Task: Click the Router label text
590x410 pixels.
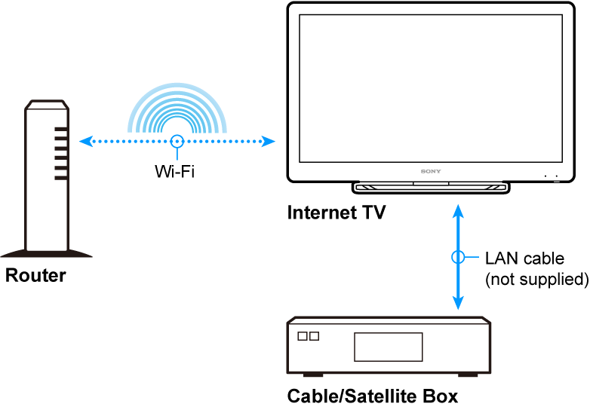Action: tap(35, 276)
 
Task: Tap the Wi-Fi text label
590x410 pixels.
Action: tap(175, 171)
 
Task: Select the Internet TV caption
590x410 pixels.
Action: tap(336, 213)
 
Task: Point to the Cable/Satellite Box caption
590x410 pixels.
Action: tap(373, 396)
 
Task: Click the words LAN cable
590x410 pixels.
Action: tap(524, 259)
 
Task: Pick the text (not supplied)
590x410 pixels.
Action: tap(536, 280)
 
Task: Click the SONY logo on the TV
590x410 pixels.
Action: tap(429, 172)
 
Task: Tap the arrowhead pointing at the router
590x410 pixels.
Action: tap(85, 140)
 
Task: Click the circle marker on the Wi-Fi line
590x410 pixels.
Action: tap(177, 140)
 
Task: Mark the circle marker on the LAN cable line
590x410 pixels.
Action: tap(457, 257)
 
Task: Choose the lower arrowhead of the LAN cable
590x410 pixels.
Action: tap(457, 304)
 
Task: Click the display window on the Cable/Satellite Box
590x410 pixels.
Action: tap(389, 346)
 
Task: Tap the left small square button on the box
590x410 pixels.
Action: tap(303, 336)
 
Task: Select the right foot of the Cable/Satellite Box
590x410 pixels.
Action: tap(468, 374)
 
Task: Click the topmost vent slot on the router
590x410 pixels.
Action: tap(61, 129)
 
